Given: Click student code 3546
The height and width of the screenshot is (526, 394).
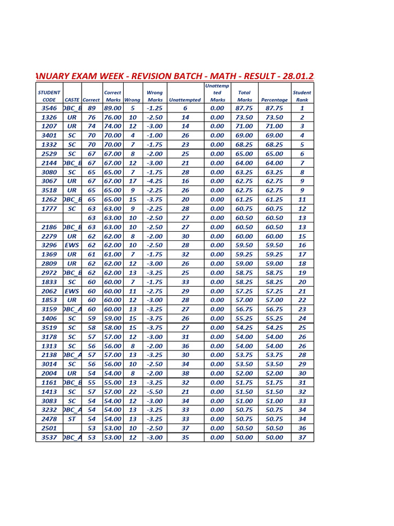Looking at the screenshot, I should [x=49, y=108].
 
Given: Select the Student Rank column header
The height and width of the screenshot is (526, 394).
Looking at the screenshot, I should [x=302, y=96].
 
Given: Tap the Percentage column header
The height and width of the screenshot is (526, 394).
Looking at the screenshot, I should [x=274, y=100].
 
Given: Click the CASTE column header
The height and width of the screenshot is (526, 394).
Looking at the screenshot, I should [x=72, y=100].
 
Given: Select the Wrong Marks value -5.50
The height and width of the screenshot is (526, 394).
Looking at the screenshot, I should [x=154, y=391].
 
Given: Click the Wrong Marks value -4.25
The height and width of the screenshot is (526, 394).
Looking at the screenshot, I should [x=154, y=181].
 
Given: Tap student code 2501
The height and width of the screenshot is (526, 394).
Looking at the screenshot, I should [x=49, y=428].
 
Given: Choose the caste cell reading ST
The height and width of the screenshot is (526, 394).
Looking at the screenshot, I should [x=72, y=419].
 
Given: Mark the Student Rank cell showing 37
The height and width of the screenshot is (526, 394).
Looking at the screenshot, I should [x=302, y=437].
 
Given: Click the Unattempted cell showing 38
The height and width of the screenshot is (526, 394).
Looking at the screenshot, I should [x=185, y=373].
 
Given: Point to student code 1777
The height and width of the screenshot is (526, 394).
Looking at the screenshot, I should [x=49, y=209].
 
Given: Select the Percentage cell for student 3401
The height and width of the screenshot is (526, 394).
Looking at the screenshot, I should [x=274, y=135].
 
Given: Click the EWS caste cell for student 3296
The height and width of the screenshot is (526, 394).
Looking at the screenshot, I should [x=72, y=245].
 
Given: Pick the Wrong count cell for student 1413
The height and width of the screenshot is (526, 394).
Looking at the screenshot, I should [x=132, y=391].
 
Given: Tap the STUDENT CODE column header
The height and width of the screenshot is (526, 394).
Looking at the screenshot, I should [x=49, y=96].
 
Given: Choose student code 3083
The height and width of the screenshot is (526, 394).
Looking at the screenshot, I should [x=49, y=401].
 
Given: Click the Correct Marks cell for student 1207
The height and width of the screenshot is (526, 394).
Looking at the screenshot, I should [x=112, y=126].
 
